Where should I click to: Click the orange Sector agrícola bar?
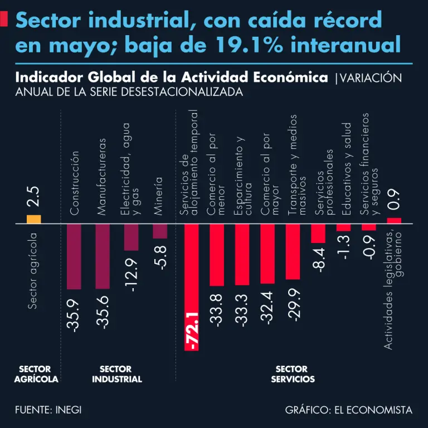(33, 219)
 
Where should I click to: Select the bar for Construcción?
(74, 256)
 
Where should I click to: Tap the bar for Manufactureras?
(103, 256)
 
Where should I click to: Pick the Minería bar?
(160, 231)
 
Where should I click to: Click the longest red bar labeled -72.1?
(191, 287)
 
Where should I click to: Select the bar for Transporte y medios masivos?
(293, 251)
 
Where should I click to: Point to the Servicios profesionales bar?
(318, 234)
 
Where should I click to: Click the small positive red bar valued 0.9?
(394, 221)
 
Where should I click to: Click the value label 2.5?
(33, 197)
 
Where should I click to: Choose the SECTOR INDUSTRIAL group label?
(116, 374)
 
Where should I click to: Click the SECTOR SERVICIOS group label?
(293, 374)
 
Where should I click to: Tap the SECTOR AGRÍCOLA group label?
(35, 374)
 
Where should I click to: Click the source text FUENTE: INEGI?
(48, 410)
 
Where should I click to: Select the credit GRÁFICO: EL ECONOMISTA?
(349, 410)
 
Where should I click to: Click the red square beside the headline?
(4, 20)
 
